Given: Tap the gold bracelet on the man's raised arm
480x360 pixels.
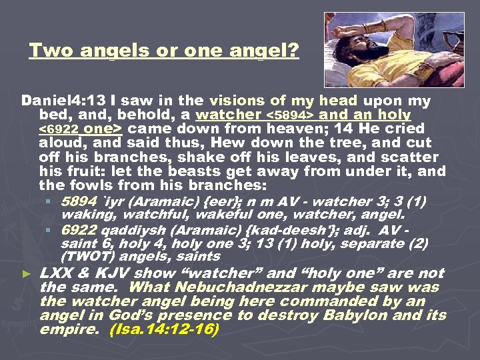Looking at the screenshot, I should (372, 28).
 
